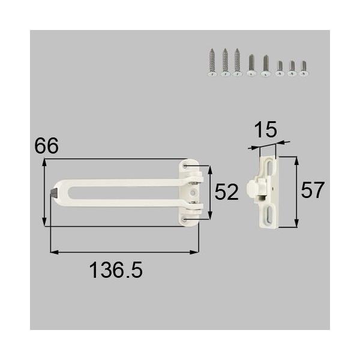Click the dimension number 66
(x=46, y=146)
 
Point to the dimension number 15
(x=263, y=129)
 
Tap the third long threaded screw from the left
(x=238, y=63)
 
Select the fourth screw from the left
(x=251, y=65)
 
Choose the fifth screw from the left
(x=265, y=65)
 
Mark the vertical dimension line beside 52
(x=209, y=192)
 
